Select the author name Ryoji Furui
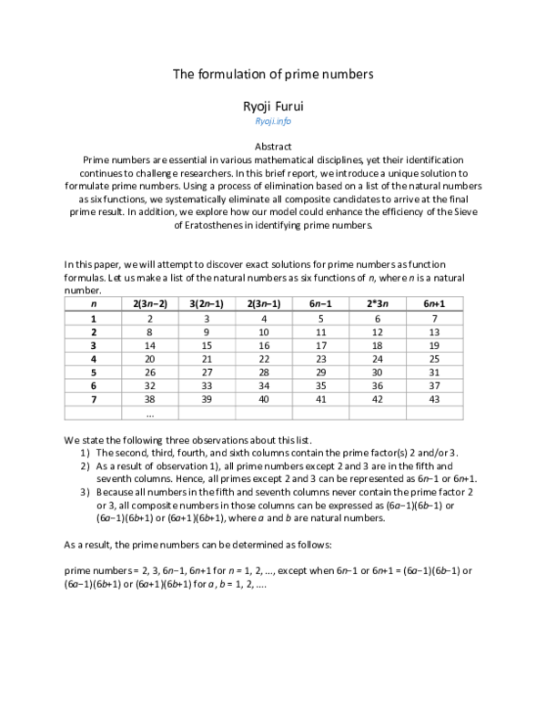[273, 104]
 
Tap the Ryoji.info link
[273, 120]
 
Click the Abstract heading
[273, 146]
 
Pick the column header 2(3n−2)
[149, 302]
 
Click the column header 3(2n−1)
[207, 302]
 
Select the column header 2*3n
[376, 302]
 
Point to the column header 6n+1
[433, 302]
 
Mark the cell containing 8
[149, 331]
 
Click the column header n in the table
[94, 302]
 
